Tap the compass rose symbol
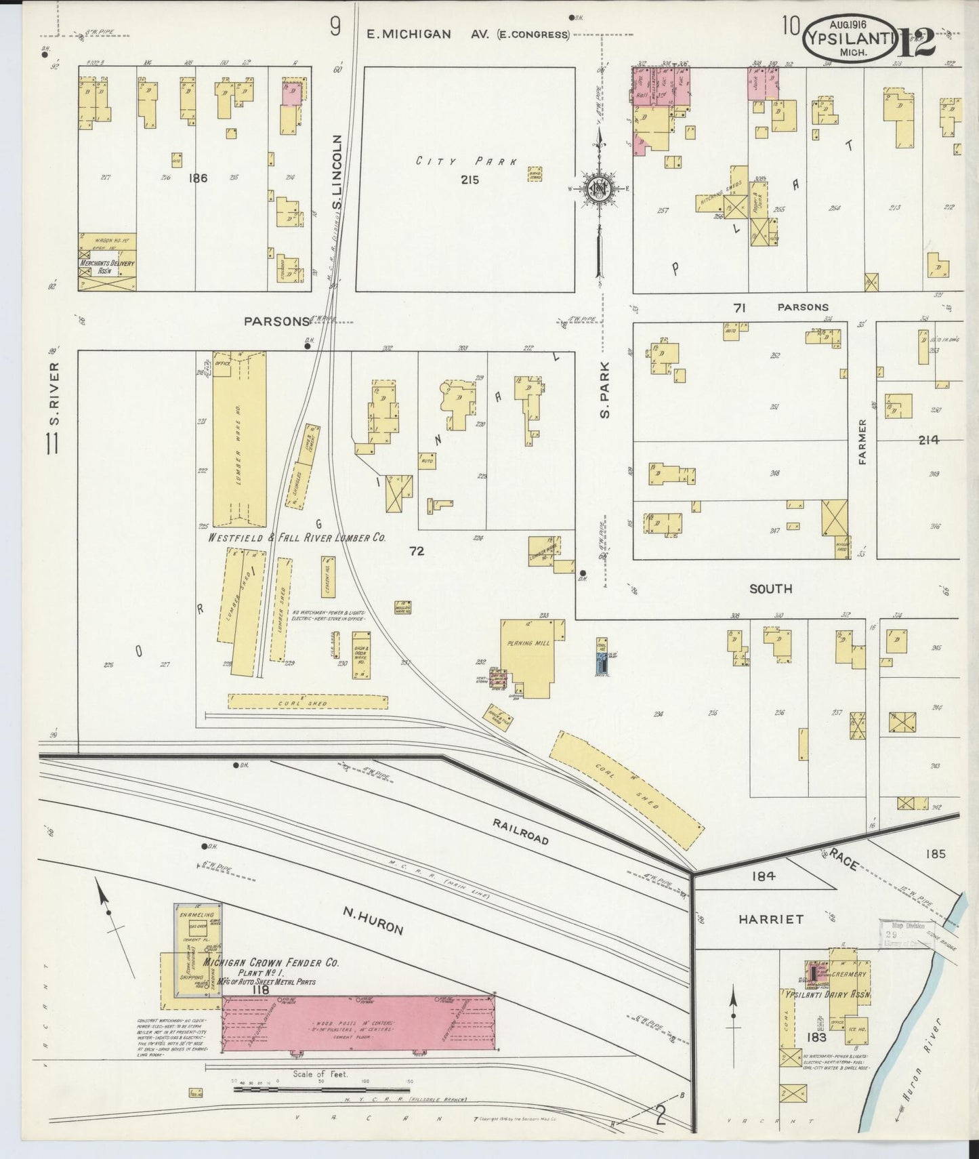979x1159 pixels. (x=600, y=189)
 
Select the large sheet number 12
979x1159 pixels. (x=918, y=42)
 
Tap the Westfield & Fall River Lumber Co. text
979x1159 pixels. (x=297, y=537)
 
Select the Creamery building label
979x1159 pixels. (x=848, y=974)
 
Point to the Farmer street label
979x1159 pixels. (x=862, y=442)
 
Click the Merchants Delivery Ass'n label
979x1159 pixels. (x=107, y=266)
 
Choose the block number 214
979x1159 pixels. (x=928, y=440)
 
